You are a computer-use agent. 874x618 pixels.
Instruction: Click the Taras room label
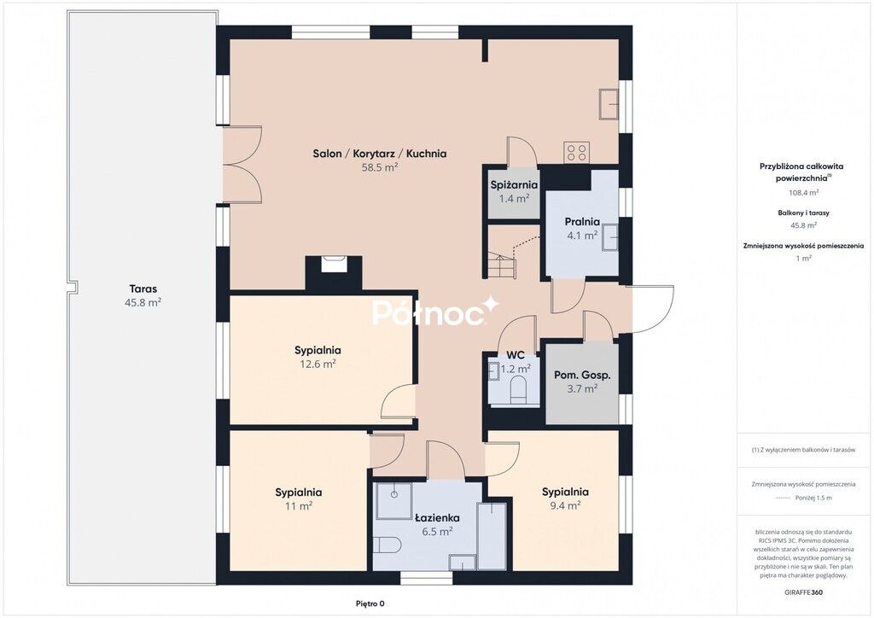tap(143, 289)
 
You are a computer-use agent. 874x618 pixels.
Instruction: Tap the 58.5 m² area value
tap(380, 167)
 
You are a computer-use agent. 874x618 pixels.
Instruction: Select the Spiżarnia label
tap(514, 185)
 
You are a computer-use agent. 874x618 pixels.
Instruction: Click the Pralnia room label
tap(582, 222)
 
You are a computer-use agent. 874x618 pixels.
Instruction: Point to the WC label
tap(516, 355)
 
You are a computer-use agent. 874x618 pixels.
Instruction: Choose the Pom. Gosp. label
tap(582, 375)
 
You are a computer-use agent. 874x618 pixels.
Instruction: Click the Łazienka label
tap(438, 517)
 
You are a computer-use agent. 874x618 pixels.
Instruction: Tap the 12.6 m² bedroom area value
tap(318, 364)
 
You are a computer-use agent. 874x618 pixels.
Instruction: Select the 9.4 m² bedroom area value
tap(565, 505)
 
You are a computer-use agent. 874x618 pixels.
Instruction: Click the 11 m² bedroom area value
tap(299, 506)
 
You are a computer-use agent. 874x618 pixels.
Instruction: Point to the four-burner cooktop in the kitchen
tap(577, 152)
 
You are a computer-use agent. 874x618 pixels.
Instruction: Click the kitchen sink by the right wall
tap(609, 103)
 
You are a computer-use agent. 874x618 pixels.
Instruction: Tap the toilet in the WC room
tap(519, 389)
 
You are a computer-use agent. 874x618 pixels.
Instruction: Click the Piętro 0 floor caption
tap(370, 603)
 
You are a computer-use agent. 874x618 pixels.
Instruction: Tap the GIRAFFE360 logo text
tap(803, 592)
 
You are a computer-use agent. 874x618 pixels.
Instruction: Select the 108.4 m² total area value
tap(804, 193)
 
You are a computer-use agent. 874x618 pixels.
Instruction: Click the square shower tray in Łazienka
tap(394, 501)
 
